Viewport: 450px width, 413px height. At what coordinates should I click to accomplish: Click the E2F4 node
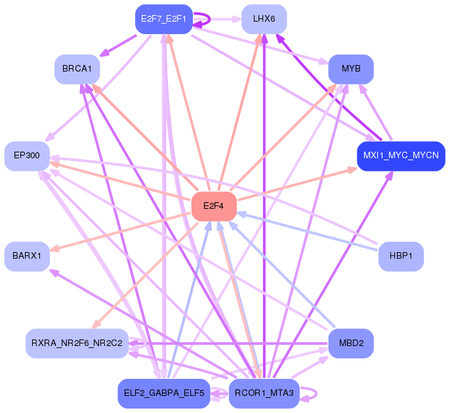[214, 206]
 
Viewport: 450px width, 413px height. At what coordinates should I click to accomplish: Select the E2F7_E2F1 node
[164, 19]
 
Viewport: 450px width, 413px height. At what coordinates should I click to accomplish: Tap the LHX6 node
[264, 19]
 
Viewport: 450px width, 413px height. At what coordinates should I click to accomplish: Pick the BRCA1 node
[77, 69]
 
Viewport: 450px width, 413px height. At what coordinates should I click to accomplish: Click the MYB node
[351, 69]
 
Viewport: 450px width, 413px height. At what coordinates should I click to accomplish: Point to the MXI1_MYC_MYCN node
[401, 156]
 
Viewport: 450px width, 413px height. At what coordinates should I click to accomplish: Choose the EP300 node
[27, 156]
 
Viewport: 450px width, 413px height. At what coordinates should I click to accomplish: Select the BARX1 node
[27, 256]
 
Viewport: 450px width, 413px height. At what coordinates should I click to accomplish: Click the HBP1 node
[401, 256]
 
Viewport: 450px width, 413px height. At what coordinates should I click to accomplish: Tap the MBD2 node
[351, 343]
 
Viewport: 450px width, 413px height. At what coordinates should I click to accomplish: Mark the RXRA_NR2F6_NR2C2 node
[77, 343]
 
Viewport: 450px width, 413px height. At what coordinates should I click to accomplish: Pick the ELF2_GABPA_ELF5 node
[164, 393]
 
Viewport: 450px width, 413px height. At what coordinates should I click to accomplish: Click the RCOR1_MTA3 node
[264, 393]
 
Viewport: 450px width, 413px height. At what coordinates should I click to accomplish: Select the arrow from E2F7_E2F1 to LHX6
[217, 19]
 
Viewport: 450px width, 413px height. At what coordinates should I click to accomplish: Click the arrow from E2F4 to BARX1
[121, 232]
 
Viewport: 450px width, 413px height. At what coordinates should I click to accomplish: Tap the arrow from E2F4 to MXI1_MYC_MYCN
[297, 184]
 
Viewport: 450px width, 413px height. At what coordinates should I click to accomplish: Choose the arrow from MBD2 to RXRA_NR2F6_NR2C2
[228, 343]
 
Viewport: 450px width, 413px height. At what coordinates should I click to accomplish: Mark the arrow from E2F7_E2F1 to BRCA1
[117, 45]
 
